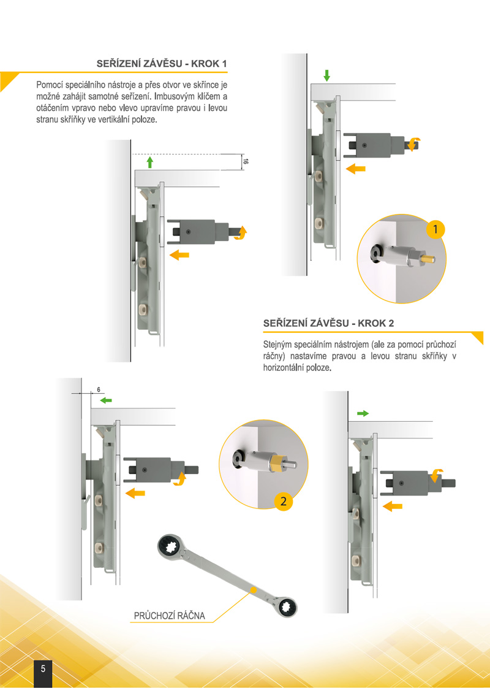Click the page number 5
43,669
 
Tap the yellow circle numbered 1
435,229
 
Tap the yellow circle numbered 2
283,501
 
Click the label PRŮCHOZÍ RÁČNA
169,616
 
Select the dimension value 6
99,390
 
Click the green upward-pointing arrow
150,162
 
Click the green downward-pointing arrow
326,75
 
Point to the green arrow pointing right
363,413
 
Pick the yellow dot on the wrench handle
253,589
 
